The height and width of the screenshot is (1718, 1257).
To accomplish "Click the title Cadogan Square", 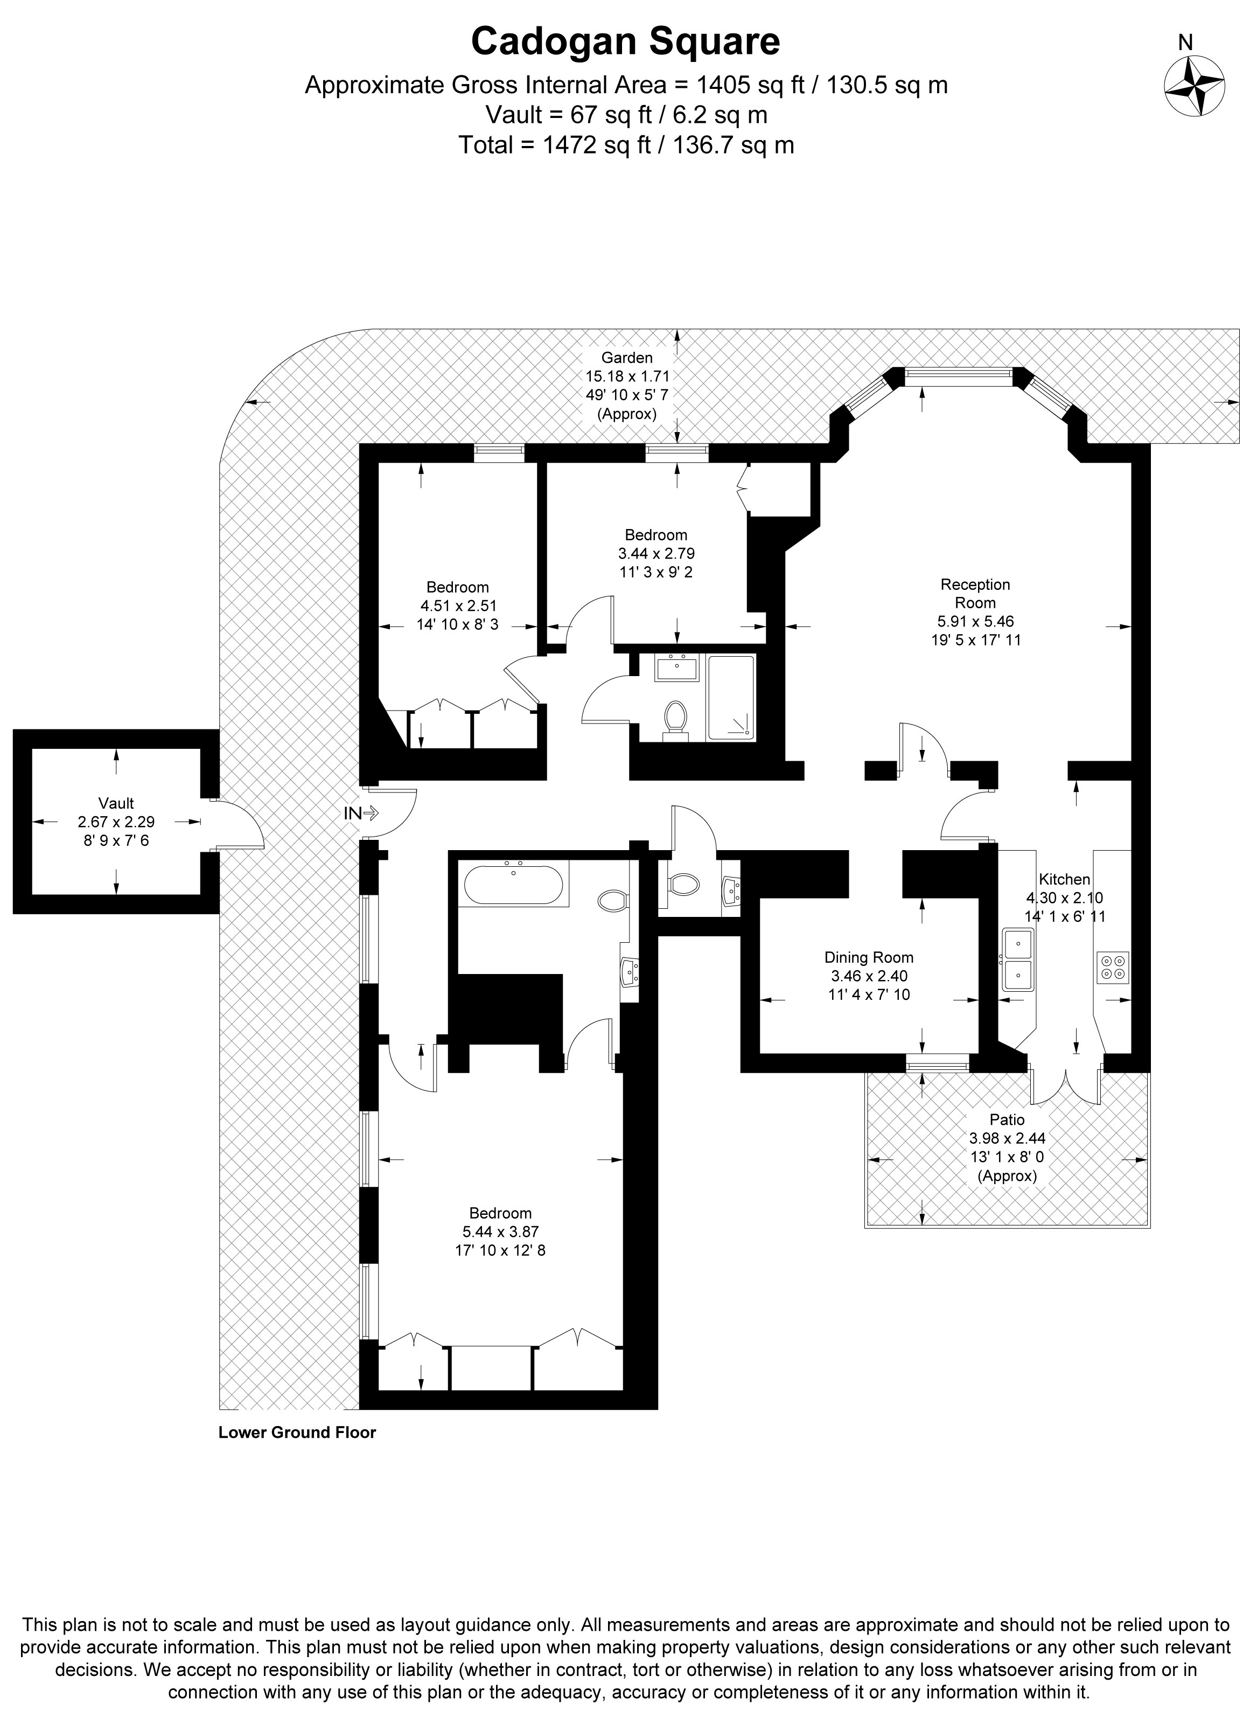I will (625, 42).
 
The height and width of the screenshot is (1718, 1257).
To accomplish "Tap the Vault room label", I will (116, 822).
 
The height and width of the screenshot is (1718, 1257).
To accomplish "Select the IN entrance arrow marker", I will (361, 813).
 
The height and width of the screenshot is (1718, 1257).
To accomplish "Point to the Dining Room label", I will (869, 976).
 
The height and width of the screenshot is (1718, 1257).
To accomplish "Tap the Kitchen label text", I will (1065, 879).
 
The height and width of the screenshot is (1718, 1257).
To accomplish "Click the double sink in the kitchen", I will (1017, 959).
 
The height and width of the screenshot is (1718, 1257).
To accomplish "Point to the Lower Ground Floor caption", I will (297, 1432).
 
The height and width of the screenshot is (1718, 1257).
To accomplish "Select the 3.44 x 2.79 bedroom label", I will (656, 553).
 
